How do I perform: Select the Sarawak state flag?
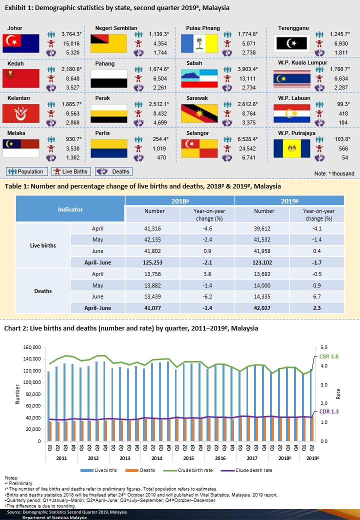[x=199, y=113]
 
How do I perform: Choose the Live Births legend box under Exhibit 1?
[x=71, y=171]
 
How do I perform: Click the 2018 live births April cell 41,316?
[x=152, y=228]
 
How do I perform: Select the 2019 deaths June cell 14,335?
[x=264, y=295]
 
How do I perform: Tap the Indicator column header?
[x=70, y=209]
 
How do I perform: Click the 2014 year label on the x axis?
[x=156, y=458]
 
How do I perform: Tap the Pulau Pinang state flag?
[x=199, y=43]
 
